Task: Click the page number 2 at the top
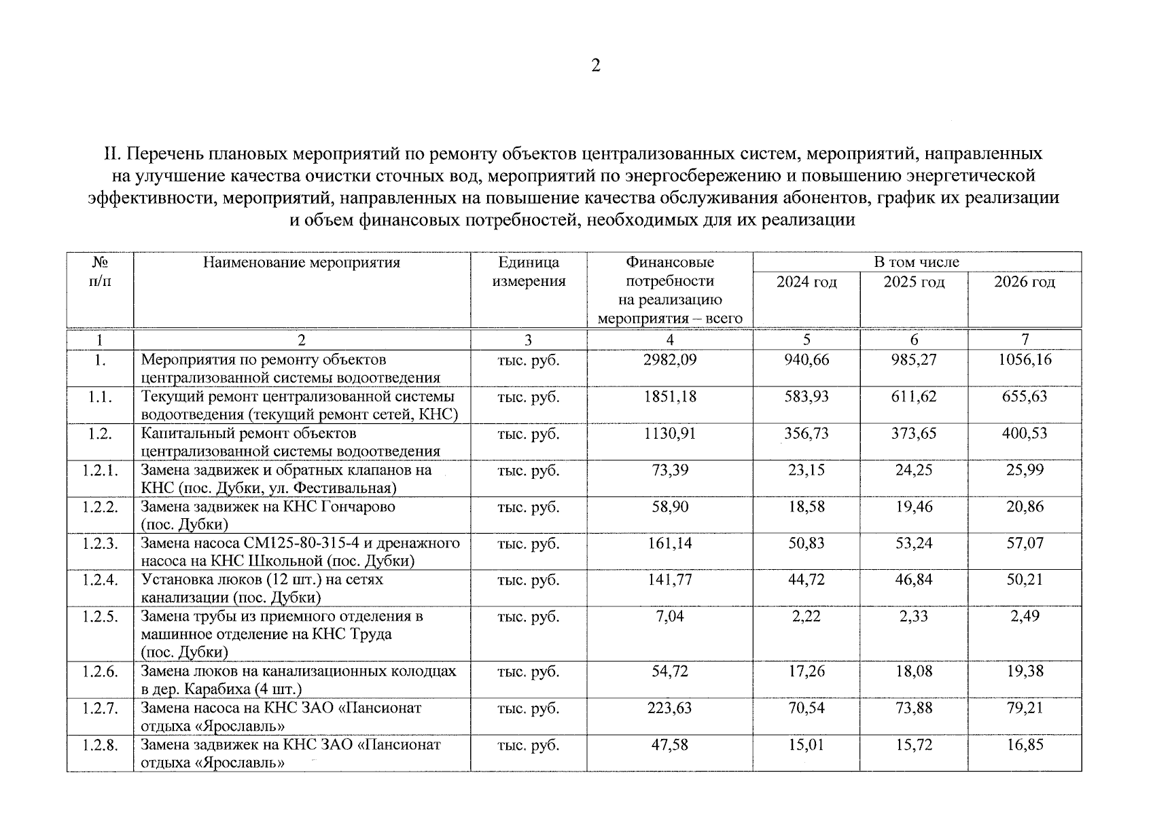click(595, 66)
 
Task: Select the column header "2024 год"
click(806, 282)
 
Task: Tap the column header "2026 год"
click(1025, 282)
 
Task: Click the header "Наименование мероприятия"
click(302, 263)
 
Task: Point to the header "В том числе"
click(917, 262)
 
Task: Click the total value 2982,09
click(670, 360)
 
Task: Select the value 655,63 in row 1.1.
click(1025, 397)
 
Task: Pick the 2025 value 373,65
click(914, 433)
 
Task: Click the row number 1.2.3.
click(100, 543)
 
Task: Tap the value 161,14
click(670, 543)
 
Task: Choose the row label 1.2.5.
click(100, 617)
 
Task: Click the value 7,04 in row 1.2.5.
click(670, 617)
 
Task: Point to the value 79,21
click(1025, 708)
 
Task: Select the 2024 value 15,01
click(806, 745)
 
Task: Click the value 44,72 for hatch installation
click(806, 580)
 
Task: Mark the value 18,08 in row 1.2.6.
click(914, 672)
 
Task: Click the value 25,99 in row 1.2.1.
click(1025, 470)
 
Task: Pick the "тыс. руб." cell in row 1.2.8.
click(529, 745)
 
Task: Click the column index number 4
click(670, 340)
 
